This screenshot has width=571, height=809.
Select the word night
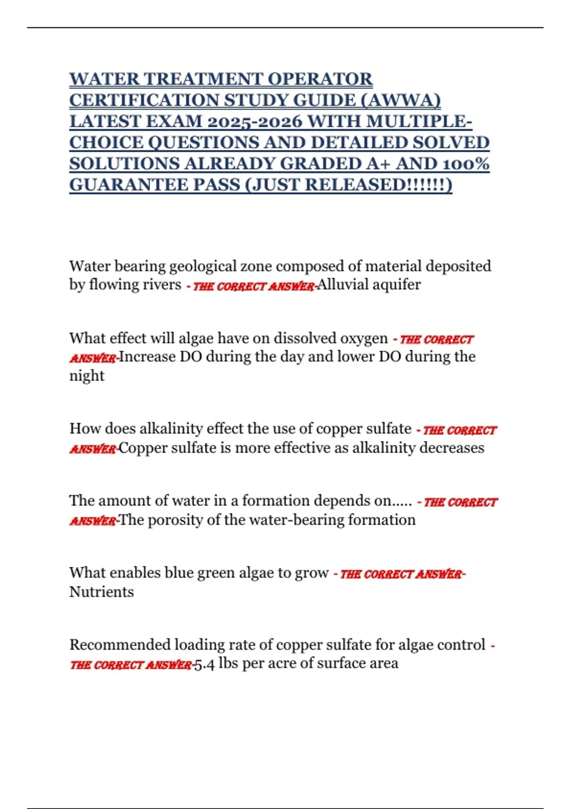pyautogui.click(x=87, y=376)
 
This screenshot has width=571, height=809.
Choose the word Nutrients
pyautogui.click(x=101, y=592)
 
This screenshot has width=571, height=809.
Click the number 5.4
pyautogui.click(x=205, y=664)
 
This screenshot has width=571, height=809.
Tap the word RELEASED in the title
pyautogui.click(x=354, y=185)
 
